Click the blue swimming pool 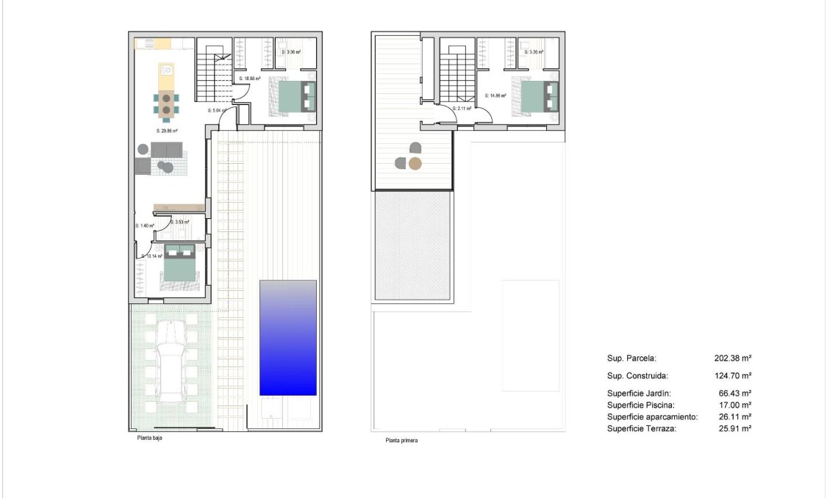[x=287, y=337]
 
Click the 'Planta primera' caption [x=402, y=441]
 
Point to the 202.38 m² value [x=732, y=358]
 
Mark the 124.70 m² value [x=732, y=375]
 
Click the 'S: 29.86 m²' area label [x=167, y=131]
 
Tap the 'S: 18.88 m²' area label [x=250, y=79]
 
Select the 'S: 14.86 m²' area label [x=496, y=95]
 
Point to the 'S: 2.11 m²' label [x=461, y=109]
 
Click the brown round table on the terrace [x=415, y=164]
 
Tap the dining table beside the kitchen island [x=167, y=104]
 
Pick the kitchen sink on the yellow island [x=167, y=71]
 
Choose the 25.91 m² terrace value [x=732, y=428]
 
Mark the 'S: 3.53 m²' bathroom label [x=179, y=222]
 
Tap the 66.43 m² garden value [x=732, y=393]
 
